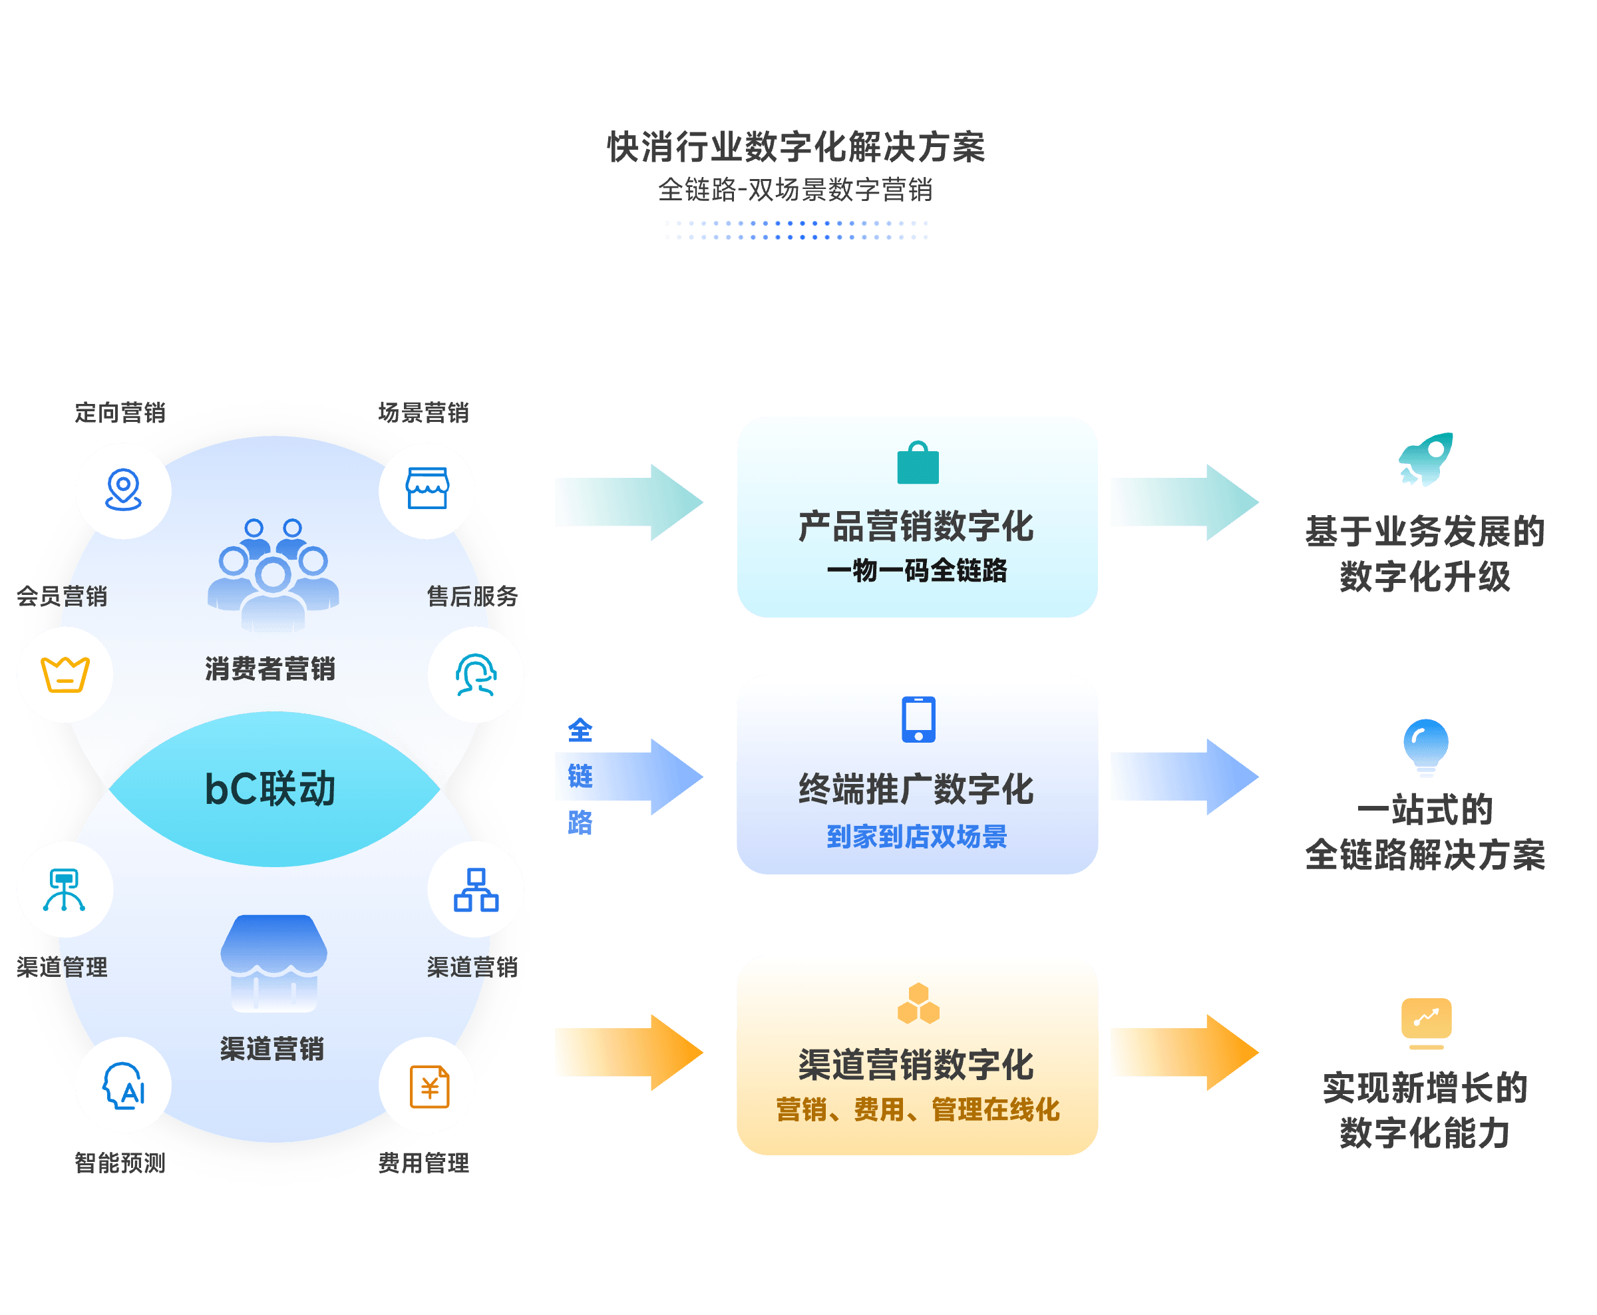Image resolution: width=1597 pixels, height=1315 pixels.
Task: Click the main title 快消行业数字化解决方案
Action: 796,147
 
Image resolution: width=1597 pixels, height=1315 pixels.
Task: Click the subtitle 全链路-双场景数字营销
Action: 795,190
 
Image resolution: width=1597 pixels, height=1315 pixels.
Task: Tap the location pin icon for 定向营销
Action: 123,489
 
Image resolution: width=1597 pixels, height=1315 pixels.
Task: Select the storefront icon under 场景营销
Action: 427,488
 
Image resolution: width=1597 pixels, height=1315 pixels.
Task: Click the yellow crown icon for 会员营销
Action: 65,674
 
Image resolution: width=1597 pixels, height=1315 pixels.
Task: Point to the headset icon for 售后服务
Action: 476,674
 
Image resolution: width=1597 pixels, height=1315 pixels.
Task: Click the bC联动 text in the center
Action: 270,789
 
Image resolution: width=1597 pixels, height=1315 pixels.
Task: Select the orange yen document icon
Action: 429,1086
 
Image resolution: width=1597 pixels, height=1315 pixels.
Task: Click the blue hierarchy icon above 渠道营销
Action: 476,889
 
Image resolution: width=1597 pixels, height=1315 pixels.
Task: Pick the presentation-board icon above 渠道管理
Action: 65,889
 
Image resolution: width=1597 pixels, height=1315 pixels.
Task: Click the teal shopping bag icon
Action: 918,462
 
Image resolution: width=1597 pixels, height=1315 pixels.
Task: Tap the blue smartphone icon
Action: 918,719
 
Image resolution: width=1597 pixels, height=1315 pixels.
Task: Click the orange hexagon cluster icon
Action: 918,1003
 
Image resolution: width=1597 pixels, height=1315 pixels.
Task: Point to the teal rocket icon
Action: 1426,459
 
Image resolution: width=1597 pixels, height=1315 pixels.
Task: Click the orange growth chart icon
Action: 1426,1024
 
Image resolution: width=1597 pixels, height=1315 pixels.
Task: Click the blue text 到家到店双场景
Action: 917,837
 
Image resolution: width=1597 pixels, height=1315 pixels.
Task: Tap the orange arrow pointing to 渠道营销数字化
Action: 629,1052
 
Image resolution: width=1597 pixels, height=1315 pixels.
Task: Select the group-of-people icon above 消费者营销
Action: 273,575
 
